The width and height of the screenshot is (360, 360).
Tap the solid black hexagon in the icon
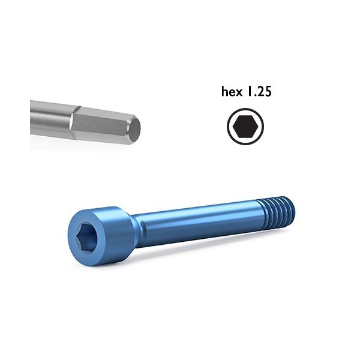[245, 126]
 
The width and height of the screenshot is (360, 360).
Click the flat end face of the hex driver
[136, 127]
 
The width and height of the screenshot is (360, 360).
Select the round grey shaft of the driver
[48, 119]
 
